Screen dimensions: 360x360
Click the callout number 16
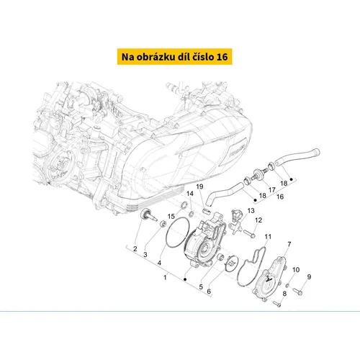click(280, 197)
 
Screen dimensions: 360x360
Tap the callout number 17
click(271, 190)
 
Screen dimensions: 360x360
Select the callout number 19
click(199, 186)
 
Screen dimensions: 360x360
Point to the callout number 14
click(190, 194)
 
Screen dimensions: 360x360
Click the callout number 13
click(251, 210)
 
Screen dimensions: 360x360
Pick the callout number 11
click(268, 237)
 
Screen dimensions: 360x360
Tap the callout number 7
click(289, 244)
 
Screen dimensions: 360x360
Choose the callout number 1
click(165, 277)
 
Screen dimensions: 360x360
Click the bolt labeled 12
click(249, 233)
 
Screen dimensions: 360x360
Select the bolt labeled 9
click(297, 292)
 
